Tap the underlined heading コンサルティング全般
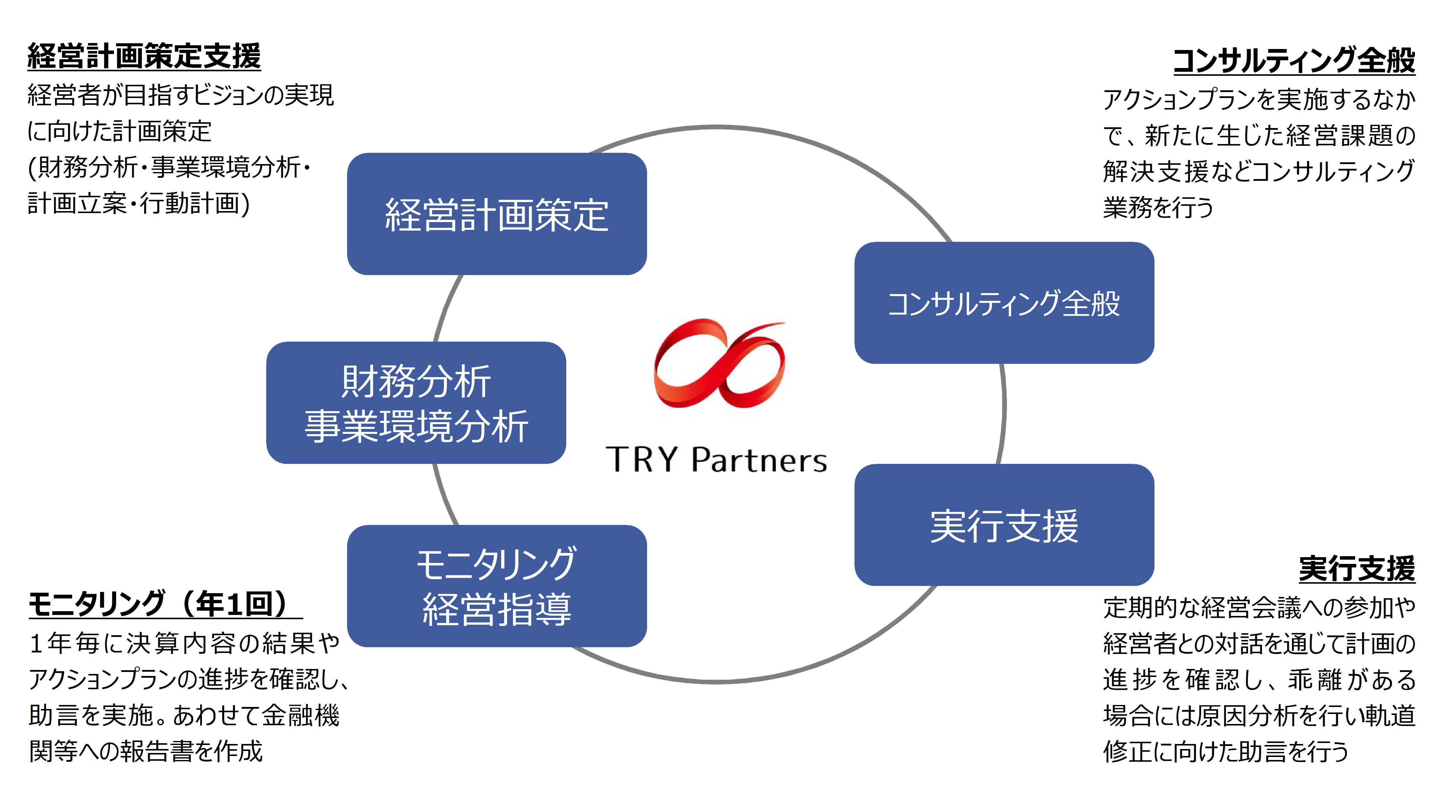click(1294, 61)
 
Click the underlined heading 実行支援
click(1357, 569)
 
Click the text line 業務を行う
click(1158, 207)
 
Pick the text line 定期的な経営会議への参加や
click(1259, 608)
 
